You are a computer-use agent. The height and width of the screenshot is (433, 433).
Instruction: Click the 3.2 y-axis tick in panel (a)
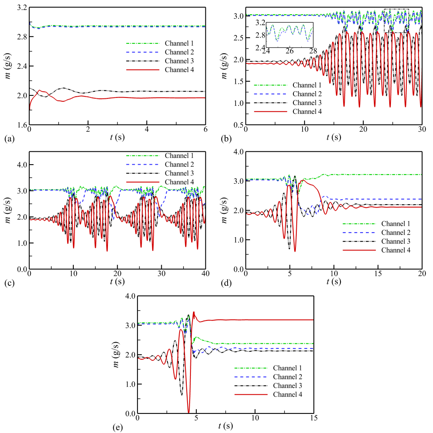point(20,8)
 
